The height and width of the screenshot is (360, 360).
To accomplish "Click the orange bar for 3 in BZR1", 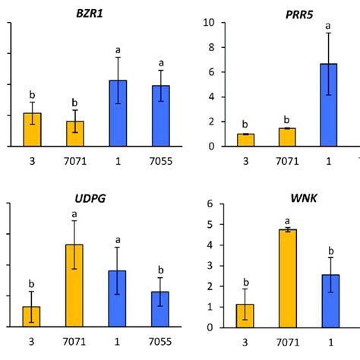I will [x=32, y=130].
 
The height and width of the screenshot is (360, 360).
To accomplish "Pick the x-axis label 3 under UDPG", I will [x=32, y=342].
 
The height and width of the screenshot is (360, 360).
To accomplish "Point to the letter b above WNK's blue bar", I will [x=328, y=250].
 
